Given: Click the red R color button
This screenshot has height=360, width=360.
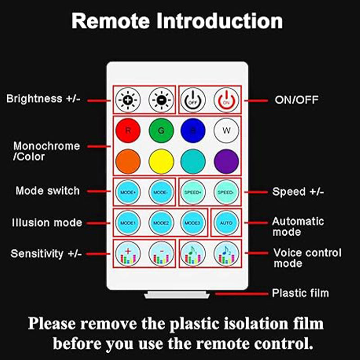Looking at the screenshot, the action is [128, 130].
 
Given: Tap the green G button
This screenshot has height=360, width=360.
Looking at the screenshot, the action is [161, 130].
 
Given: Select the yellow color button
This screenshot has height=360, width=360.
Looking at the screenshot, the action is [161, 162].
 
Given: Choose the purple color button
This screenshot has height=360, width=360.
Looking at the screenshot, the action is [226, 162].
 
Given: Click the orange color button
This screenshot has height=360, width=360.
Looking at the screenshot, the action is [128, 162].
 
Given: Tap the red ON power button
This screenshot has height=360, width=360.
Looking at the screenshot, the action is [226, 100].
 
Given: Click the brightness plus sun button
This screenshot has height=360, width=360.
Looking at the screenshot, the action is [128, 100].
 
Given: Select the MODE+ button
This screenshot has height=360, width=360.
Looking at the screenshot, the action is [128, 192].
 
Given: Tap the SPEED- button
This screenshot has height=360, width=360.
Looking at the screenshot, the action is [226, 192].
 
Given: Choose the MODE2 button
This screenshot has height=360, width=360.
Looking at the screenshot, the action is [161, 223].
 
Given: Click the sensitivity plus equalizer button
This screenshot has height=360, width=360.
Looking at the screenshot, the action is [128, 254].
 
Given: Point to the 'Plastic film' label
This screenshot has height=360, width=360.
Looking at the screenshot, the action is [300, 293].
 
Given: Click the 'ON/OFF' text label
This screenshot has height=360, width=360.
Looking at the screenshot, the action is [297, 100].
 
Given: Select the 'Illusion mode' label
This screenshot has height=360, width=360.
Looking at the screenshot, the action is [47, 223].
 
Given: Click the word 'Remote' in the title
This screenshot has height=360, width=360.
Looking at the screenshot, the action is [111, 21].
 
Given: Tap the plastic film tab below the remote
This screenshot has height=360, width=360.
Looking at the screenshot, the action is [177, 295].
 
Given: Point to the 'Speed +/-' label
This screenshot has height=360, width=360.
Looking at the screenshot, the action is [298, 192].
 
